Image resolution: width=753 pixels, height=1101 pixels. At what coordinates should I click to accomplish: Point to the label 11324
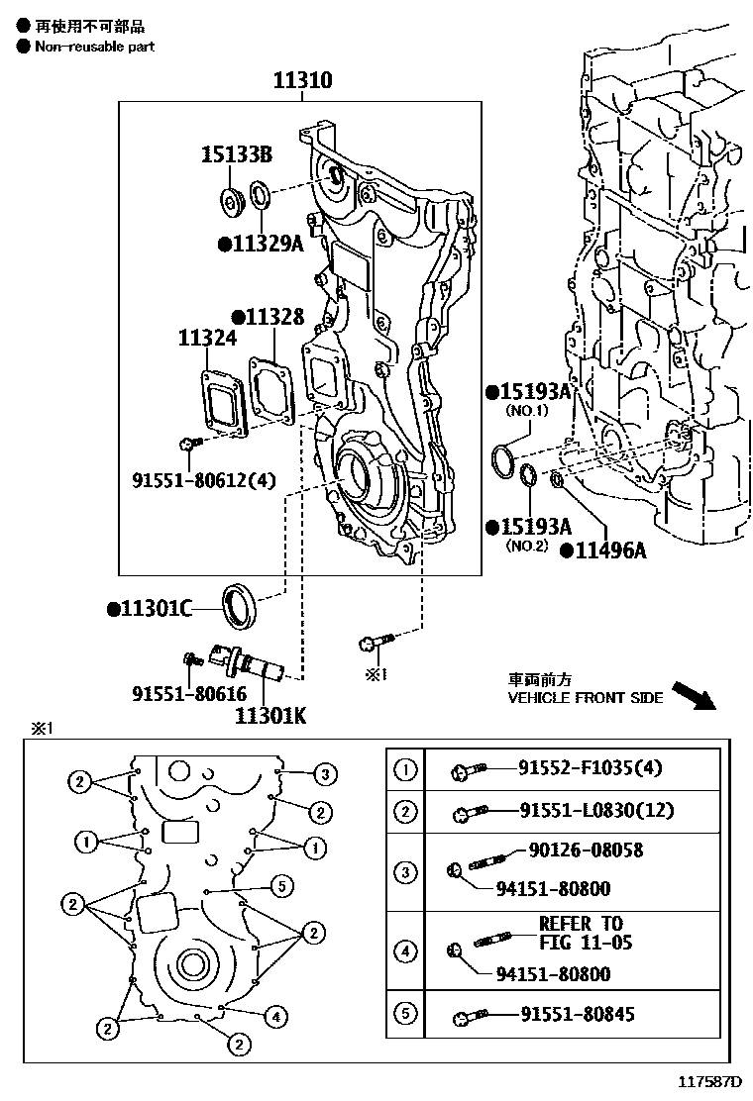[207, 339]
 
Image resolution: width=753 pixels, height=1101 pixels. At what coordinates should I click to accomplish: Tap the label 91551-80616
[189, 694]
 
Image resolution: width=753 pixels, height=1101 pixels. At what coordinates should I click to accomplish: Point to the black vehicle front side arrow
[693, 695]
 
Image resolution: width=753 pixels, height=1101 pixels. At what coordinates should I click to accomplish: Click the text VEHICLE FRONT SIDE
[585, 698]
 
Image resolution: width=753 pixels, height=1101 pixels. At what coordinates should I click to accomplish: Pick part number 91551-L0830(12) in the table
[596, 811]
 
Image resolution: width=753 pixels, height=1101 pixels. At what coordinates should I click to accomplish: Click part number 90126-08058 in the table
[586, 850]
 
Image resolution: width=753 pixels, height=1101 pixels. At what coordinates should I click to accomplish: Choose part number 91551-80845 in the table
[582, 1014]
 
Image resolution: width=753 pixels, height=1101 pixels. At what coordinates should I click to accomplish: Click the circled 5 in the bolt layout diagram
[280, 885]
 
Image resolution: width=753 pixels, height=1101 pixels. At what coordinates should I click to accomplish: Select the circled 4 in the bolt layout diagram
[276, 1015]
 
